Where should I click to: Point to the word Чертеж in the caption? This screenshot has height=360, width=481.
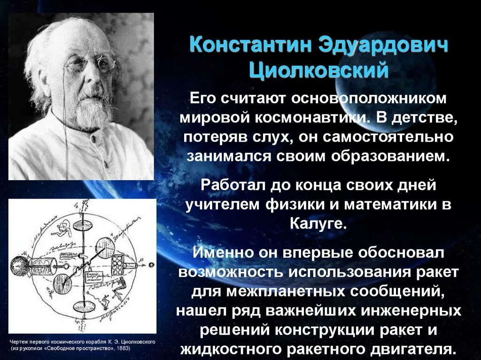[20, 342]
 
